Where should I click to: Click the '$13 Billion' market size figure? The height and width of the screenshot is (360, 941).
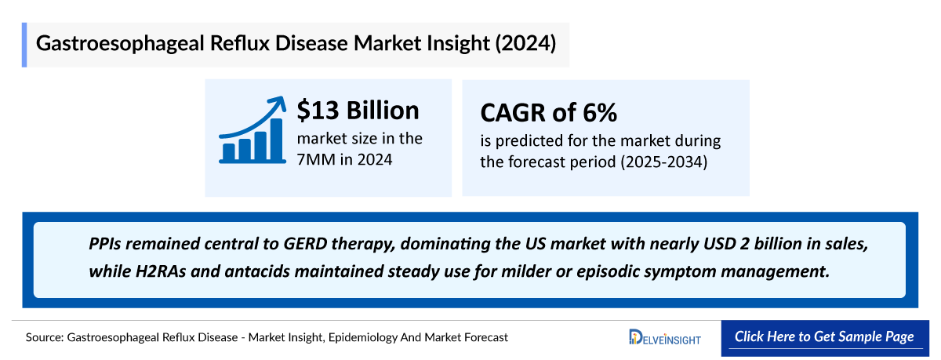[x=358, y=111]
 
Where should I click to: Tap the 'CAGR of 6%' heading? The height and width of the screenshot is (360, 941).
[x=548, y=113]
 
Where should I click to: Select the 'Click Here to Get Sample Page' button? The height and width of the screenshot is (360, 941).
[x=823, y=336]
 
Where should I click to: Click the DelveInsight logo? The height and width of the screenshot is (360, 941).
[x=664, y=337]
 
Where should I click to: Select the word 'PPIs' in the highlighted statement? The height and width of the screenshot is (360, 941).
[x=107, y=244]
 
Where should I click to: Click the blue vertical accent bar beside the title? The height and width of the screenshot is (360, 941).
[x=24, y=45]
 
